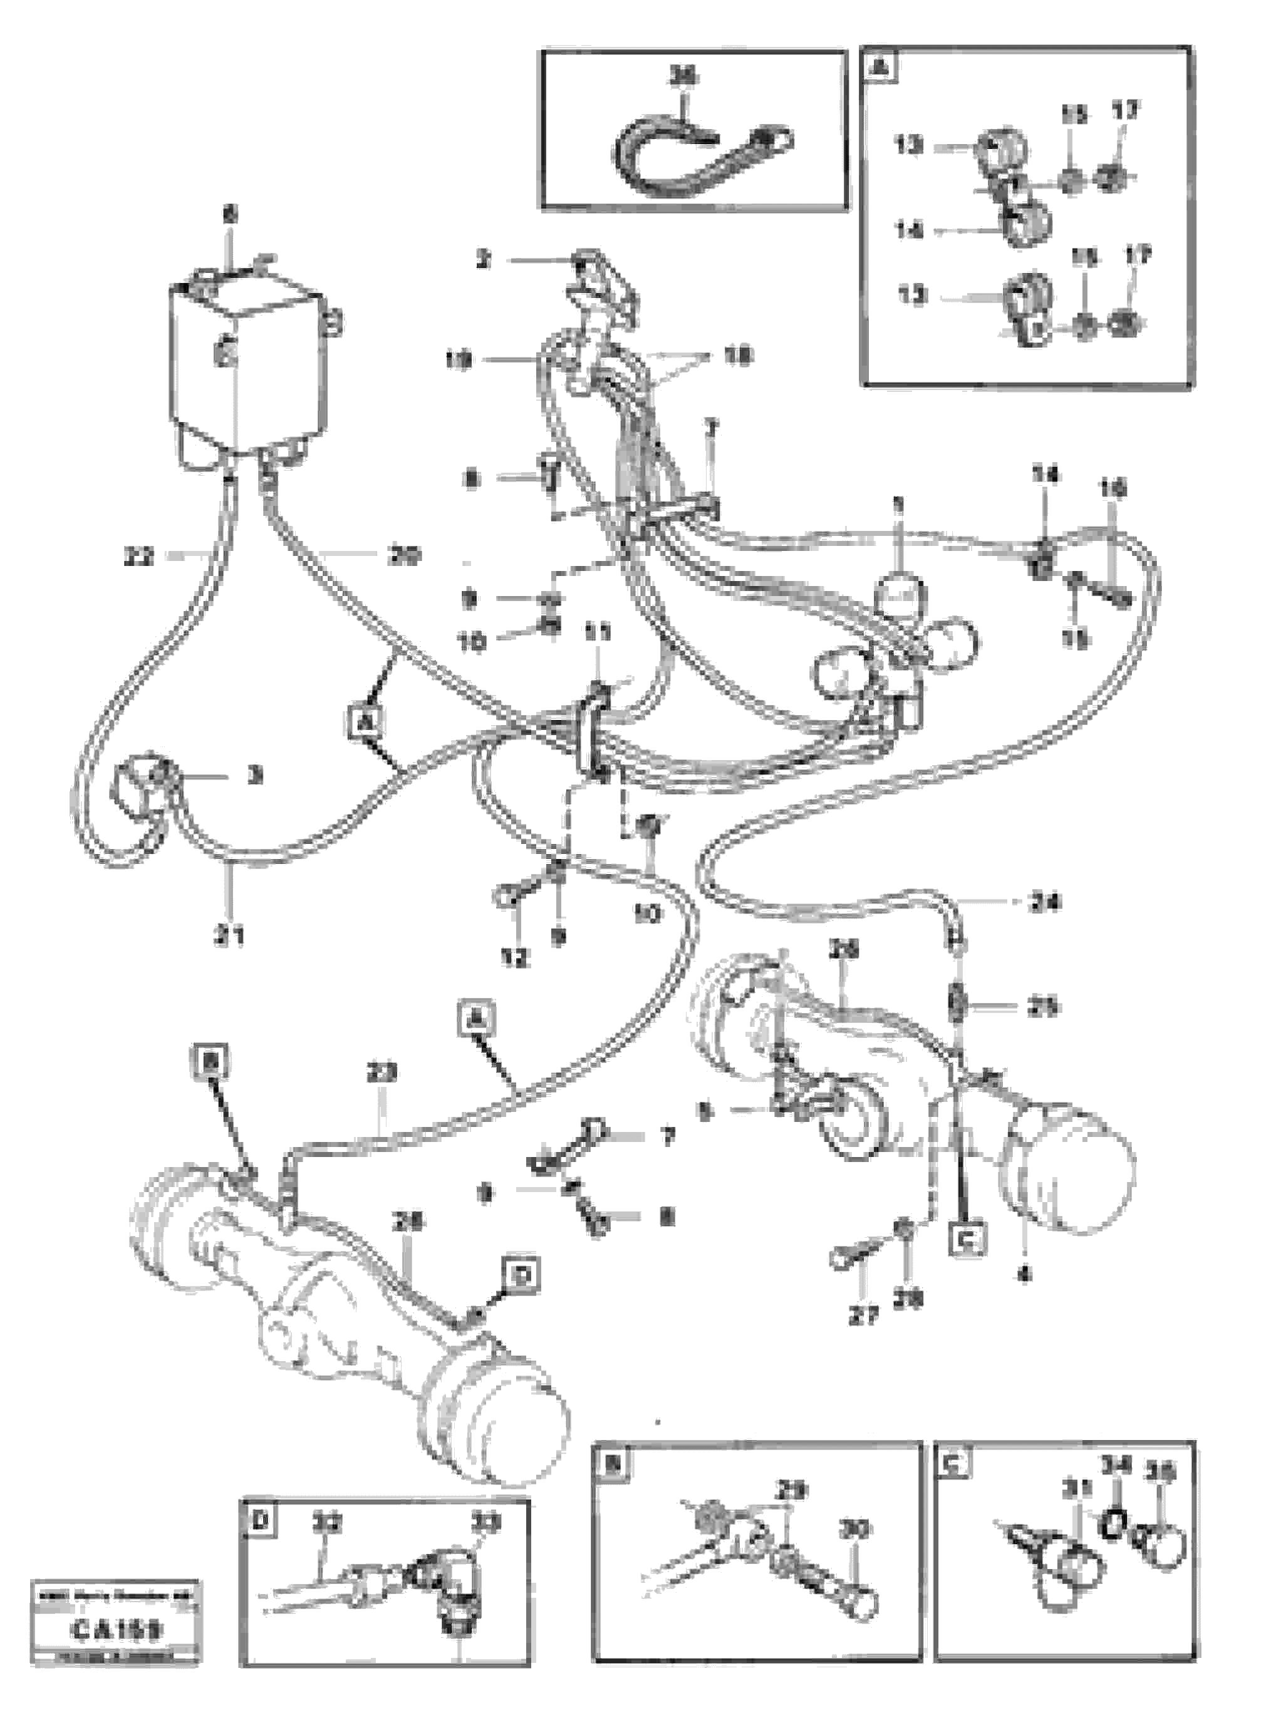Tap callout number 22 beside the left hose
coord(139,556)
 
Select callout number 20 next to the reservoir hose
coord(404,555)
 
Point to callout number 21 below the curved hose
coord(230,936)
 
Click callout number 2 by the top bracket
coord(483,260)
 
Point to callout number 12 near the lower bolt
coord(514,958)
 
